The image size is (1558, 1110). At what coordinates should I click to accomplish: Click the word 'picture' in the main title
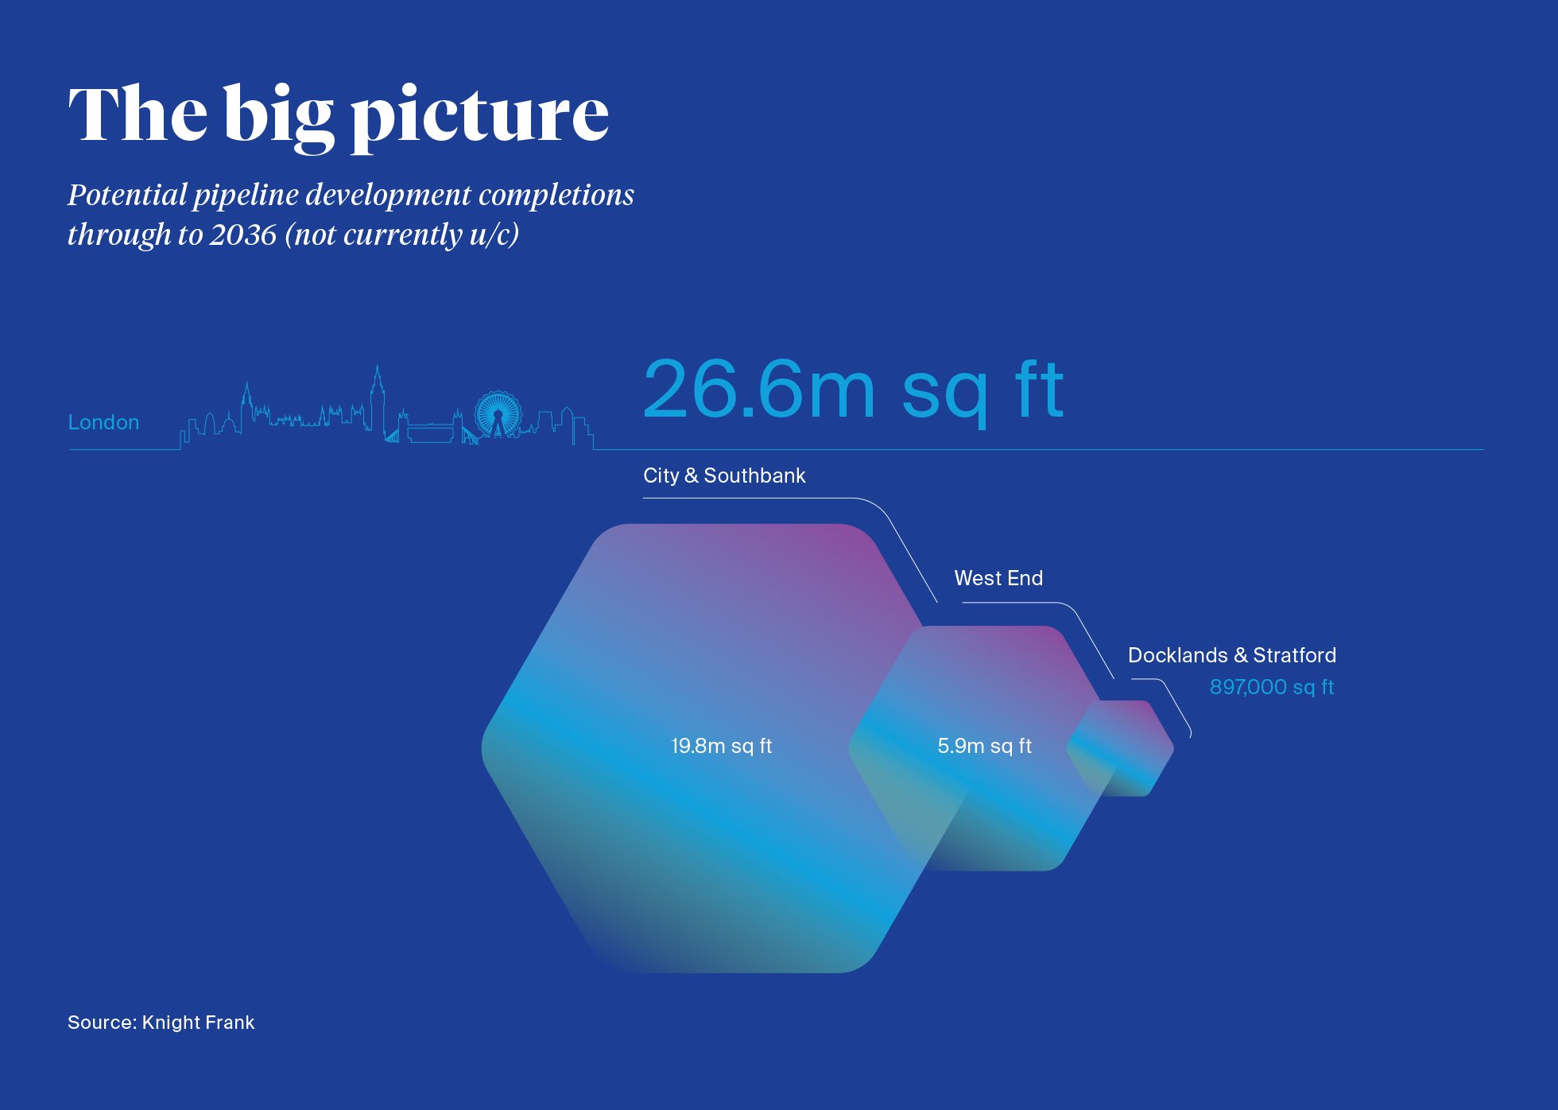[x=479, y=117]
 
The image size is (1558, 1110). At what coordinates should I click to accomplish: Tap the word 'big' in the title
[x=278, y=116]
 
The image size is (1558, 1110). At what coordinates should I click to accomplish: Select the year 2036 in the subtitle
[x=242, y=235]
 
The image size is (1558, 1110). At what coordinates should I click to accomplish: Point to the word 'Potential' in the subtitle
[x=127, y=195]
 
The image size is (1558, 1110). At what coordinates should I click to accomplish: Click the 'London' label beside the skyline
[x=103, y=422]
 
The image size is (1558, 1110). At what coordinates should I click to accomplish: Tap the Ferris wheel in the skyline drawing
[x=498, y=413]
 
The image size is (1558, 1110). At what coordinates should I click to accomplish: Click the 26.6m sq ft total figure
[x=853, y=389]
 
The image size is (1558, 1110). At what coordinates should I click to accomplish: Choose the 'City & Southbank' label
[x=724, y=475]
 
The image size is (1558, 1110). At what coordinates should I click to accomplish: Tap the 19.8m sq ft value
[x=722, y=746]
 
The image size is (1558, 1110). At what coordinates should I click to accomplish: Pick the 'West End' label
[x=998, y=578]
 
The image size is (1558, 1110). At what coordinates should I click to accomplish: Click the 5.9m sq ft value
[x=984, y=746]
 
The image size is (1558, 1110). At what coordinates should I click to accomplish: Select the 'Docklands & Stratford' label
[x=1232, y=655]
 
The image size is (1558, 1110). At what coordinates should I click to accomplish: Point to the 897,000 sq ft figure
[x=1272, y=687]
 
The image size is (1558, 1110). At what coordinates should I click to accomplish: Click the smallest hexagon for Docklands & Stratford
[x=1120, y=748]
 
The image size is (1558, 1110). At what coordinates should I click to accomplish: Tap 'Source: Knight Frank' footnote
[x=161, y=1023]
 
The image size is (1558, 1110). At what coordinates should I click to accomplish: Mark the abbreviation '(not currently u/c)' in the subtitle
[x=401, y=235]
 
